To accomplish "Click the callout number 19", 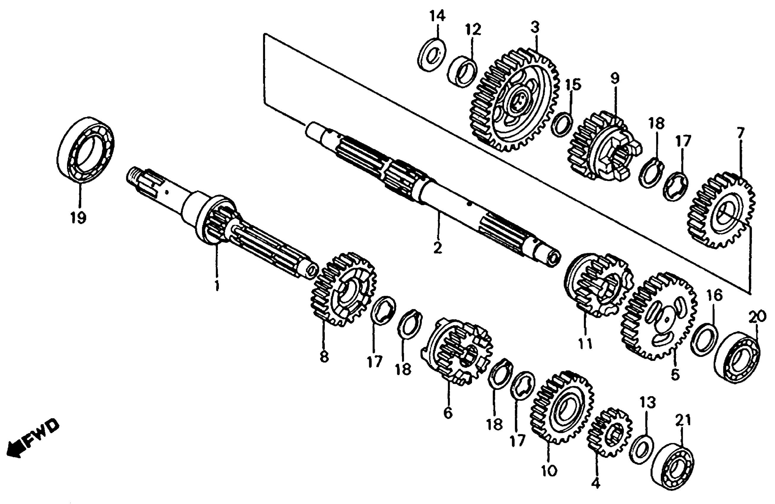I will [x=78, y=217].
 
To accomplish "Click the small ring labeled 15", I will [x=562, y=124].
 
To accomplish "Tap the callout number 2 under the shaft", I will [x=438, y=248].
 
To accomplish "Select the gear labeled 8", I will [x=344, y=290].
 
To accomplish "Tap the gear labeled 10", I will [x=562, y=407].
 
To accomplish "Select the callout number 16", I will [x=715, y=295].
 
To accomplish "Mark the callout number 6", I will [x=448, y=413].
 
